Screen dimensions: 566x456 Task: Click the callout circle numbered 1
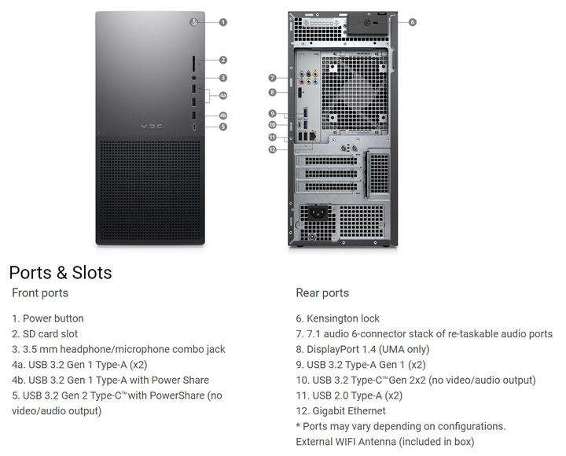pos(223,22)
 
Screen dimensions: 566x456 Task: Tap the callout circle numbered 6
pos(413,22)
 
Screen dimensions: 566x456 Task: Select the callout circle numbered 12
pos(272,149)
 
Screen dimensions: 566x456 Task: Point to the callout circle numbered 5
pos(223,126)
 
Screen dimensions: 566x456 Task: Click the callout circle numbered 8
pos(272,92)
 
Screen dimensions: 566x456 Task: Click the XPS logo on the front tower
pos(150,126)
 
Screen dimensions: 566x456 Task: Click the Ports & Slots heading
pos(61,273)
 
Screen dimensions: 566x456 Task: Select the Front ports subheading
pos(40,293)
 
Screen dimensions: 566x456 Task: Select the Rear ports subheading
pos(322,293)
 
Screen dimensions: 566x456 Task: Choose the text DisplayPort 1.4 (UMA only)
pos(368,349)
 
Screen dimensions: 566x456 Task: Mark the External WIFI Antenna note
pos(385,441)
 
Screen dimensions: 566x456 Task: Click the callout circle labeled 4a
pos(223,96)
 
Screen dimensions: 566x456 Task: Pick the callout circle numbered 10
pos(272,124)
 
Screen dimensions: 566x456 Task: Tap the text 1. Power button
pos(48,318)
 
